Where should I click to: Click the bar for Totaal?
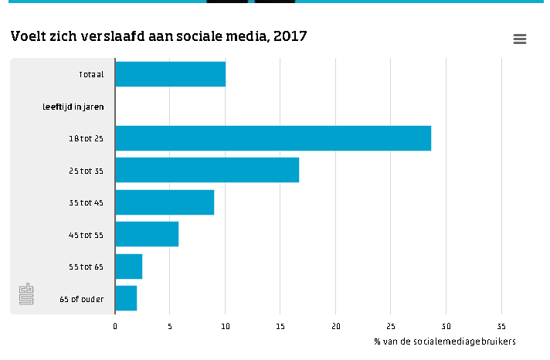tap(171, 74)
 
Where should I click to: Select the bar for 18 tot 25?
tap(273, 138)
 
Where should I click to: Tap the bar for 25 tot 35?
tap(207, 170)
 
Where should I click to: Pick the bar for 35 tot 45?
tap(165, 202)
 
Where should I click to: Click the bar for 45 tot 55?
tap(147, 234)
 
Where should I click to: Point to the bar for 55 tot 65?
tap(129, 267)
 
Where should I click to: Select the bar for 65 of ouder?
tap(126, 298)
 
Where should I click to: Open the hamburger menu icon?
tap(520, 39)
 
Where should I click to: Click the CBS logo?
tap(26, 294)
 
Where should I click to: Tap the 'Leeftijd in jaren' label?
tap(73, 107)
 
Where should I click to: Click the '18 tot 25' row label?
tap(86, 138)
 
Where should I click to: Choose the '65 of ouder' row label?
tap(82, 299)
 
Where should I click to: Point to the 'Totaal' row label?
tap(91, 74)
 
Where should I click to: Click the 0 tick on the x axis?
tap(115, 326)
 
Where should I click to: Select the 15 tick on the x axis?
tap(280, 326)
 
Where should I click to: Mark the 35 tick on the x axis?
tap(501, 326)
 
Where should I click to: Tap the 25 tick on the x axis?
tap(391, 326)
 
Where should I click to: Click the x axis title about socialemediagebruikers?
tap(445, 341)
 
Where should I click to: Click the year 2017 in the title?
tap(290, 36)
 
